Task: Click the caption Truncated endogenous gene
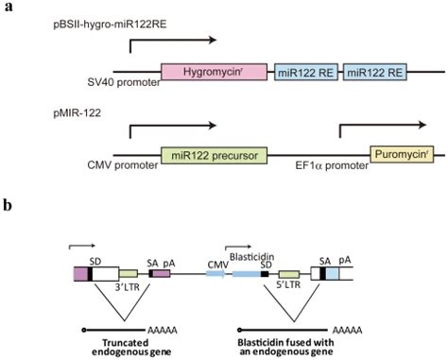(120, 343)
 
